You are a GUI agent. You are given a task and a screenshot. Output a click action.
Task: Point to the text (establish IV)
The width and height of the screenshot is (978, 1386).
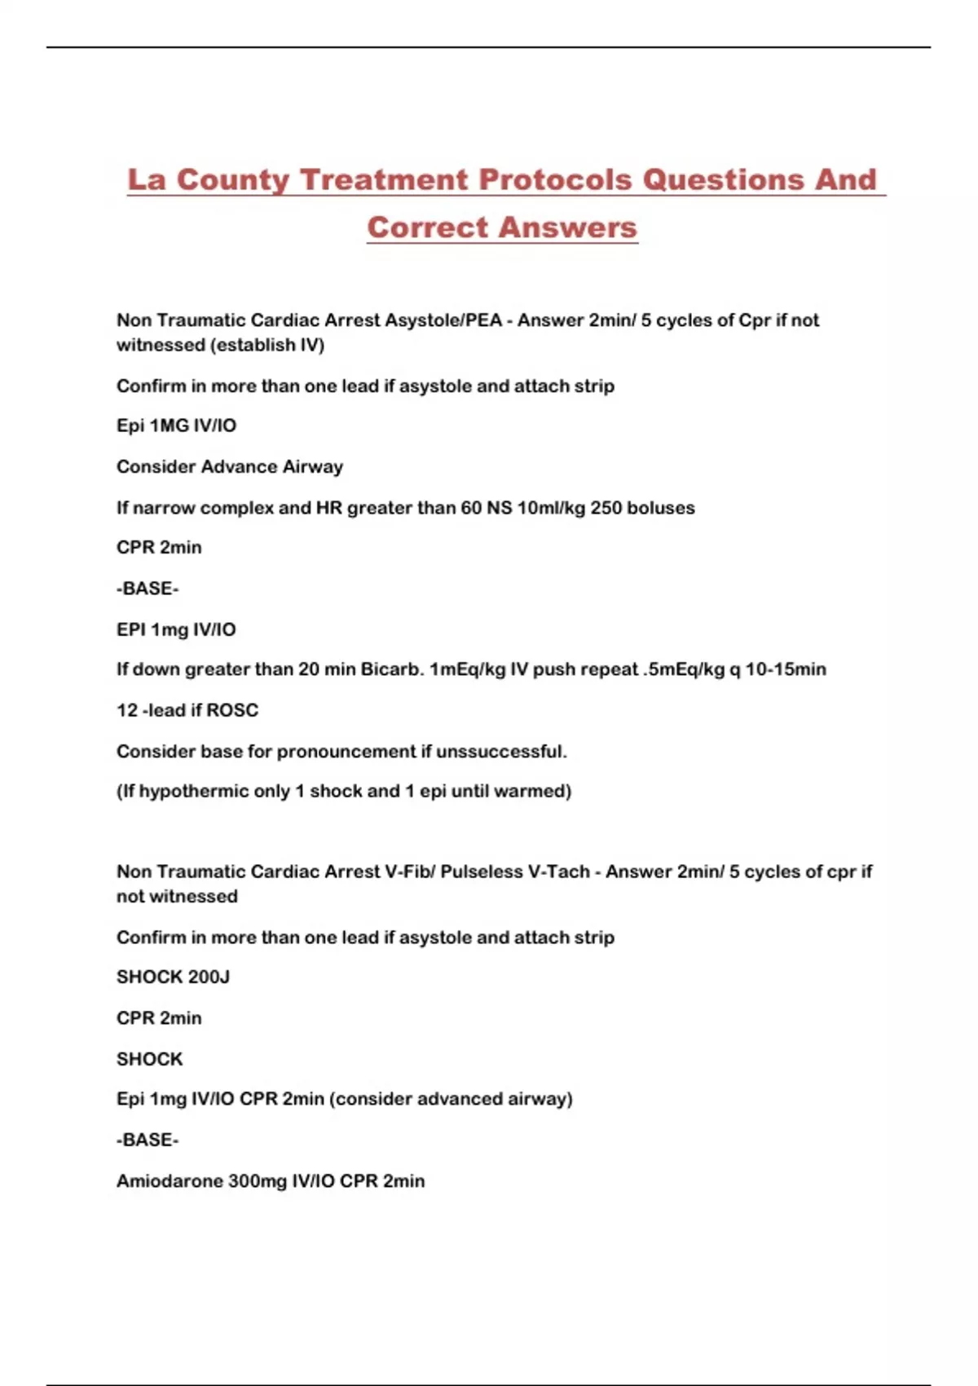coord(267,345)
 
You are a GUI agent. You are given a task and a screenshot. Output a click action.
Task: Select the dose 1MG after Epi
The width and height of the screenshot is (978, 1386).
coord(169,426)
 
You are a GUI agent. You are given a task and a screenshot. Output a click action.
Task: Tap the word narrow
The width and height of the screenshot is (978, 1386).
coord(164,508)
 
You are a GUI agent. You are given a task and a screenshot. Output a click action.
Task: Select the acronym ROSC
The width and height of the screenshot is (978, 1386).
coord(232,710)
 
